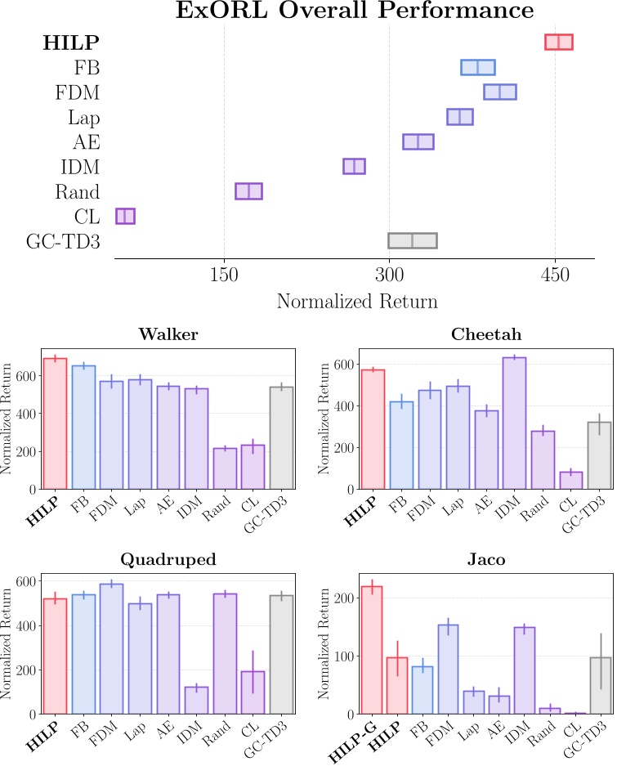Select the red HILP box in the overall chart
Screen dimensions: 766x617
(x=559, y=43)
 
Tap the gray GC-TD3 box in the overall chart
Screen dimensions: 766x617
(x=413, y=240)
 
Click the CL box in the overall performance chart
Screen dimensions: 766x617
(x=125, y=216)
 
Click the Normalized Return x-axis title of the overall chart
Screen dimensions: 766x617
(x=357, y=302)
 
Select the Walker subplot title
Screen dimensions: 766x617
(x=168, y=334)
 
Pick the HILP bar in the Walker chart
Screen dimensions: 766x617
(x=55, y=424)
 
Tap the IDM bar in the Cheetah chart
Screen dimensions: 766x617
(x=514, y=423)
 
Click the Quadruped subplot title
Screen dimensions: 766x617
(x=168, y=560)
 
